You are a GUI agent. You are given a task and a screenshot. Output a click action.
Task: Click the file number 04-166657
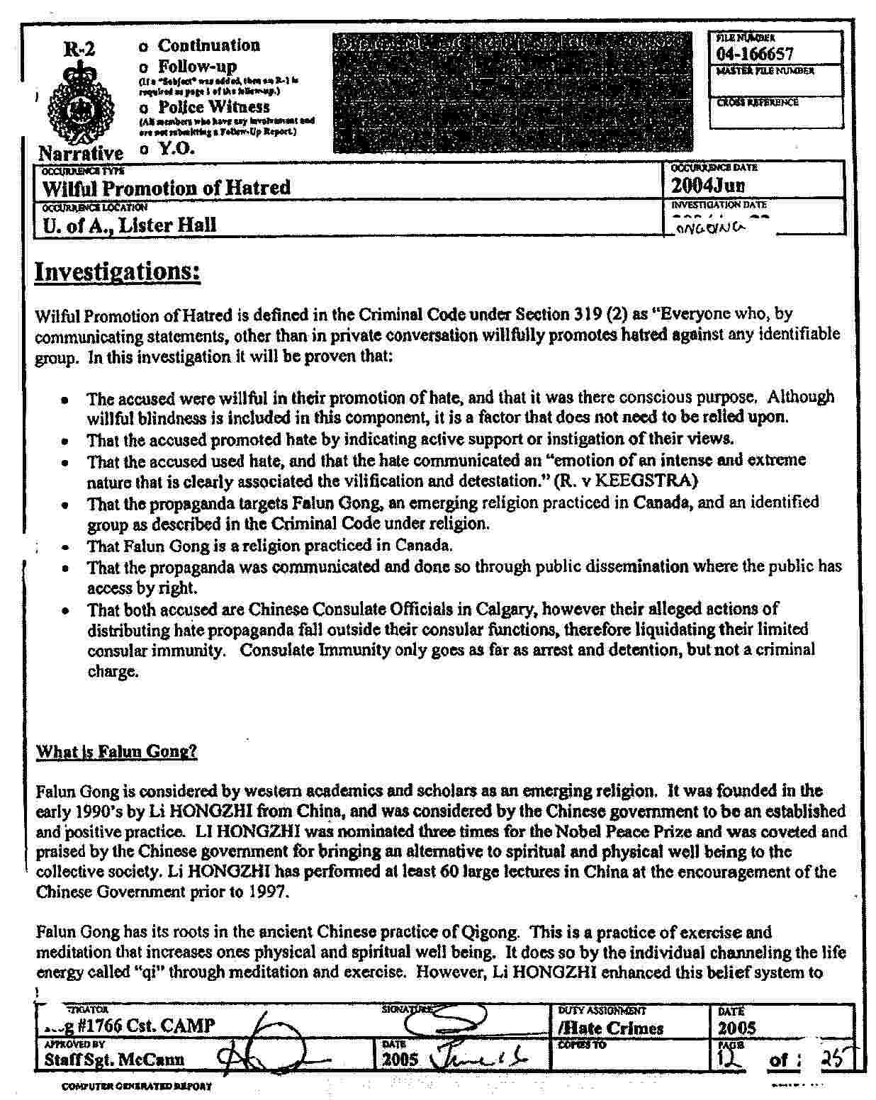(754, 54)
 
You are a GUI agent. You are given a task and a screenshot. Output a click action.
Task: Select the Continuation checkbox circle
(144, 47)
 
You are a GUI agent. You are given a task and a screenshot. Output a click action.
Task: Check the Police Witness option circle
(144, 108)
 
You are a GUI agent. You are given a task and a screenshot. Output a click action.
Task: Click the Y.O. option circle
(144, 149)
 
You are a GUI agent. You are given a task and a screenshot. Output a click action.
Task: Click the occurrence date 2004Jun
(707, 186)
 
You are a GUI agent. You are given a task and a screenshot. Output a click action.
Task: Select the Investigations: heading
(118, 271)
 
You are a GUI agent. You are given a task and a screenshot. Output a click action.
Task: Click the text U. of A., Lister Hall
(129, 225)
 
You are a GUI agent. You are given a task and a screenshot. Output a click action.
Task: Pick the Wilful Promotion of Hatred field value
(167, 188)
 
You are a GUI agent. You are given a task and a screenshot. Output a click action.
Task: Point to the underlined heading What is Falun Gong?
(116, 752)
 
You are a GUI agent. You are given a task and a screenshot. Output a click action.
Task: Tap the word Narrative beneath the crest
(80, 153)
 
